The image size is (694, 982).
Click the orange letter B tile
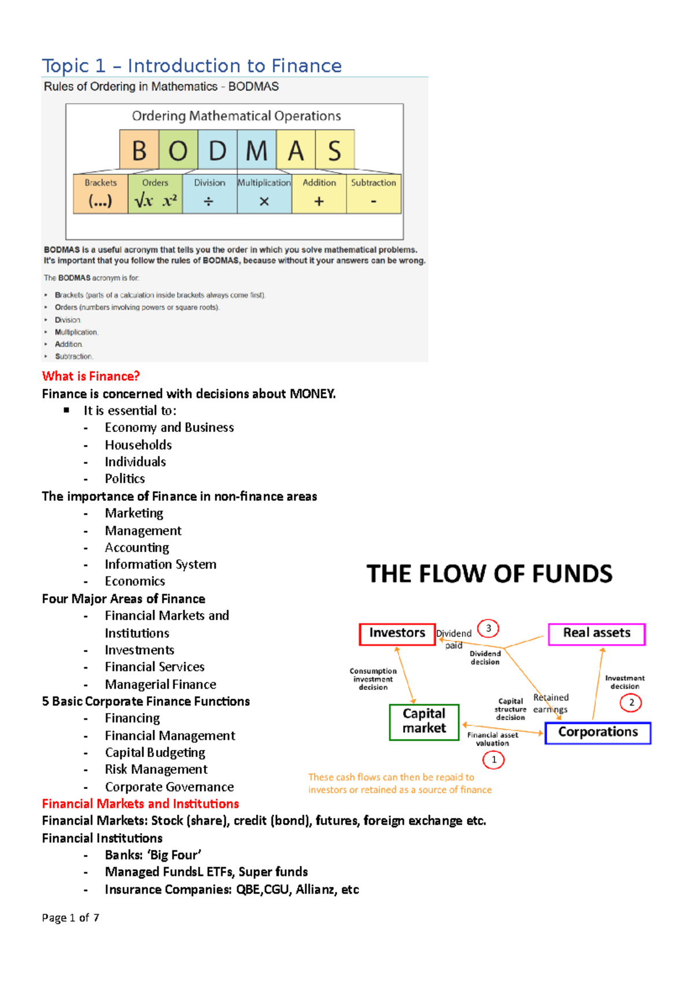[x=139, y=150]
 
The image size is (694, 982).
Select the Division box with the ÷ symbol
[x=209, y=194]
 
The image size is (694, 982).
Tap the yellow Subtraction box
[x=374, y=194]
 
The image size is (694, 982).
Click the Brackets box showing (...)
[x=101, y=194]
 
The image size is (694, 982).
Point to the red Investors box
[x=397, y=634]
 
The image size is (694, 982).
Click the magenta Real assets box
[x=596, y=634]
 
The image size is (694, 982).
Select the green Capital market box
[x=424, y=722]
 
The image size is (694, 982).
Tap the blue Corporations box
[x=597, y=733]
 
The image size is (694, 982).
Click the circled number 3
[x=489, y=629]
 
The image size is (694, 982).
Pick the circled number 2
[x=631, y=703]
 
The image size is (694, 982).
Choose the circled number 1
[x=493, y=760]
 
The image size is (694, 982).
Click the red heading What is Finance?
[x=91, y=376]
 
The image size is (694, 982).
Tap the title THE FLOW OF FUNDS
[x=489, y=574]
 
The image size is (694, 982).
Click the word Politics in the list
[x=125, y=479]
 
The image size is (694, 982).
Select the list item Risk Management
[x=156, y=770]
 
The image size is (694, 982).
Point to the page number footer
[x=71, y=918]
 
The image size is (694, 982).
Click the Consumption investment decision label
[x=373, y=680]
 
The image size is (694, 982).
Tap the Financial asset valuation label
[x=493, y=739]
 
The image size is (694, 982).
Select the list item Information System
[x=161, y=564]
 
